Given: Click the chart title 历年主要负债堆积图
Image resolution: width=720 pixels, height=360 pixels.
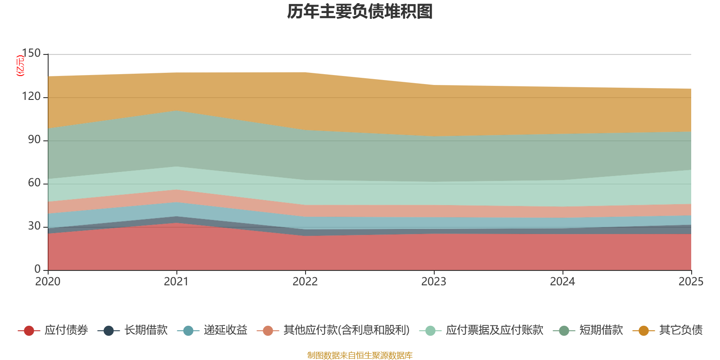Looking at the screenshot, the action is click(x=360, y=12).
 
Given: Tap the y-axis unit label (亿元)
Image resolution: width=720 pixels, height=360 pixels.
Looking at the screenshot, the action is click(x=20, y=66).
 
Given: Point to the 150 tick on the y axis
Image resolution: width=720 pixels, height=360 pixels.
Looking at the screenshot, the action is click(x=31, y=53).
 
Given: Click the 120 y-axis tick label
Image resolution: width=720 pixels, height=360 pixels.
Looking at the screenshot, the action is click(x=31, y=96).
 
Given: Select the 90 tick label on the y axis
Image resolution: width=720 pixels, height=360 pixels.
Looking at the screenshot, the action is click(x=34, y=139).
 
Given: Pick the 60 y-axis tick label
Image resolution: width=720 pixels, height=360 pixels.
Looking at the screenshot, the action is click(x=34, y=183).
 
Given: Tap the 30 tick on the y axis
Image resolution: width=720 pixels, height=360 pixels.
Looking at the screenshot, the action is click(x=34, y=226).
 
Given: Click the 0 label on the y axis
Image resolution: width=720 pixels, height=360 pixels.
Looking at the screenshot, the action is click(x=38, y=269).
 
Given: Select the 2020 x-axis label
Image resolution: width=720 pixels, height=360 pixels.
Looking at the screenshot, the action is click(x=48, y=282).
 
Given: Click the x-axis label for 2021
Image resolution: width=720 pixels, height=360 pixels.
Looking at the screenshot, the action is click(x=176, y=282).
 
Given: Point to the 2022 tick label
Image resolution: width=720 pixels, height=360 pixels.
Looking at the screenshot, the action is click(x=305, y=282).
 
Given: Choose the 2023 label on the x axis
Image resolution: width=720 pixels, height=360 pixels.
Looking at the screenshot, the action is click(x=434, y=282).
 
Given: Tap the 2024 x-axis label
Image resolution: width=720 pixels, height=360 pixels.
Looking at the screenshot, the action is click(x=562, y=282).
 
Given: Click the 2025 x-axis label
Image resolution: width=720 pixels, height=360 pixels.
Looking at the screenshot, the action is click(x=691, y=282).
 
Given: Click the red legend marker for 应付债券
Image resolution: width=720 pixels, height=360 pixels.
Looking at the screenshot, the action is click(x=29, y=331).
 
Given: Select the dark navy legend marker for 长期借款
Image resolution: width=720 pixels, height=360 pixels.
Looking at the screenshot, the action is click(x=108, y=331).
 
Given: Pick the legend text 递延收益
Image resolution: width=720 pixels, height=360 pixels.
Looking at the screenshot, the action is click(x=225, y=330).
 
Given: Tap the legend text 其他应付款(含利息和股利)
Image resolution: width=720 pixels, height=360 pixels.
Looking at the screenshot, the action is click(x=346, y=330).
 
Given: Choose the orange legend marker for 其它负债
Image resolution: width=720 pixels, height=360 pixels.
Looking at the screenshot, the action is click(x=643, y=331).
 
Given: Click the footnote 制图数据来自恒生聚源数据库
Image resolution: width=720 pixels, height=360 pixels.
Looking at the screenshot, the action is click(x=360, y=355).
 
